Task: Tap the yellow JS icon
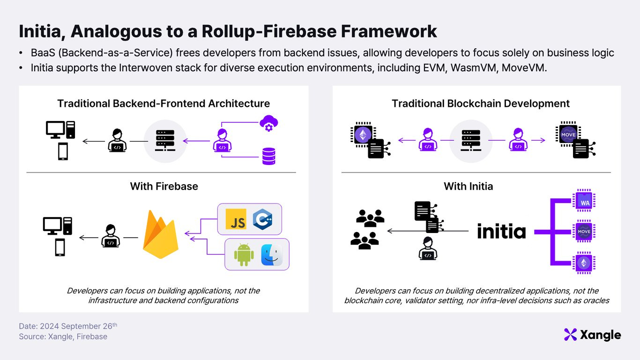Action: click(x=236, y=219)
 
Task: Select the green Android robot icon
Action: click(x=244, y=255)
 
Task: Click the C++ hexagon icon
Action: click(x=262, y=219)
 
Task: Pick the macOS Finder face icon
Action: click(x=271, y=255)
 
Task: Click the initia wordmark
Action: click(x=501, y=231)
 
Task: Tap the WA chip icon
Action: click(x=584, y=202)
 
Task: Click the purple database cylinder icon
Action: click(x=268, y=156)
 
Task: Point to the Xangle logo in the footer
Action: click(x=592, y=335)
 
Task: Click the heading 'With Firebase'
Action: click(x=164, y=186)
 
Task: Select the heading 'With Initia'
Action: click(x=469, y=186)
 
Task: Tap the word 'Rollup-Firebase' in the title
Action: click(x=268, y=31)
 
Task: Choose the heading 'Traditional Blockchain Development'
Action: click(x=481, y=103)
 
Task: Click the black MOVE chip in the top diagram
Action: click(x=568, y=135)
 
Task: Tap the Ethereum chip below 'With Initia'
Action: click(x=584, y=262)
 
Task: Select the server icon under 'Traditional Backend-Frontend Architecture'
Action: click(x=164, y=141)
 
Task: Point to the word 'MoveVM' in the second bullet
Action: click(x=524, y=67)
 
